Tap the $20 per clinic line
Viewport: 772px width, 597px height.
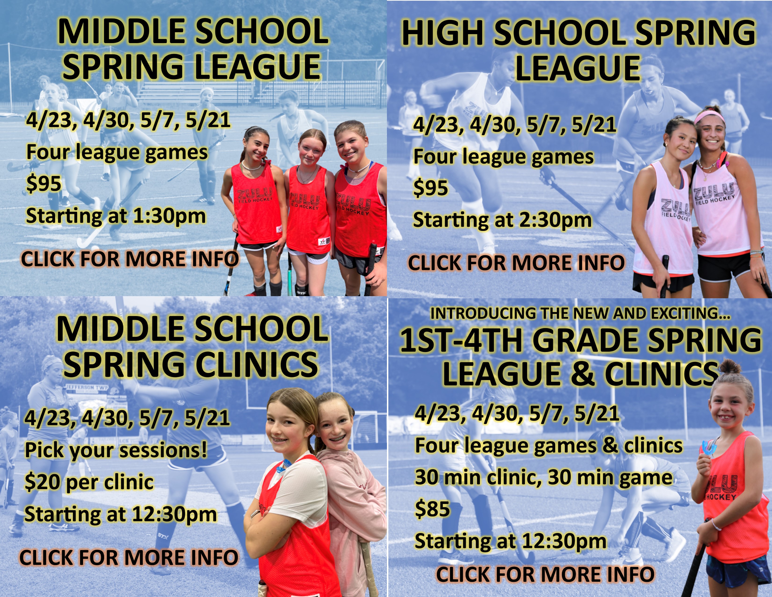pyautogui.click(x=89, y=482)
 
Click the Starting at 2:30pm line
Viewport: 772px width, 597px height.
pyautogui.click(x=502, y=220)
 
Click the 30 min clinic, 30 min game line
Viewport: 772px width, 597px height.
pyautogui.click(x=544, y=477)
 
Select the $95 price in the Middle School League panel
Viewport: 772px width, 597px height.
pyautogui.click(x=44, y=184)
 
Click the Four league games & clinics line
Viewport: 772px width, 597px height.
pyautogui.click(x=549, y=446)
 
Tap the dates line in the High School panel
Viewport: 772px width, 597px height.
pyautogui.click(x=515, y=125)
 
